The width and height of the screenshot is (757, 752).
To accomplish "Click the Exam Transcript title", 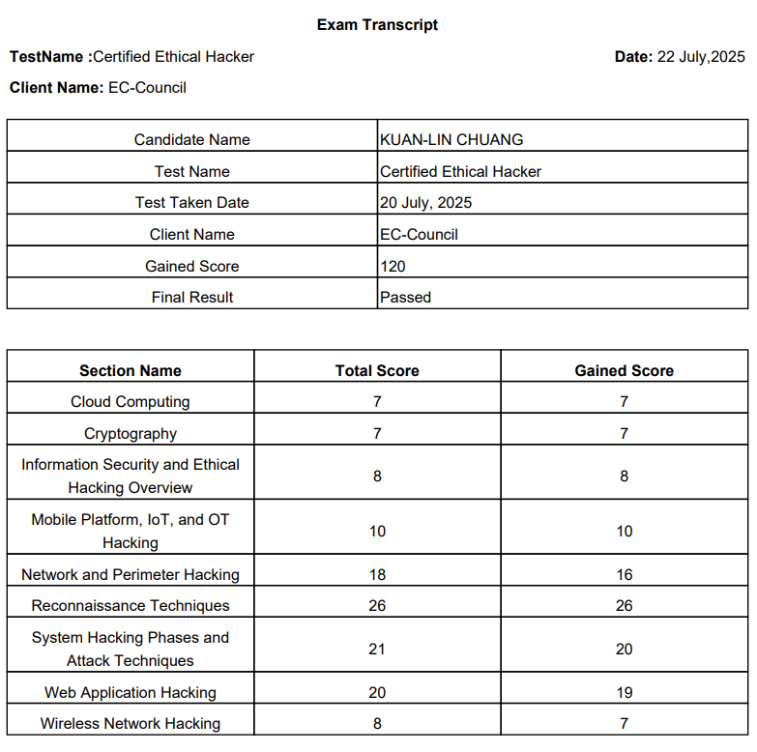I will (377, 25).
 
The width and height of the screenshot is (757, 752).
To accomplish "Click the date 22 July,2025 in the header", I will (701, 57).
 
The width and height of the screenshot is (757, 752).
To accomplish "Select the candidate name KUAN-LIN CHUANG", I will (451, 139).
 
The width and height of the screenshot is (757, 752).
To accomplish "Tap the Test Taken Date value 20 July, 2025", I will (426, 203).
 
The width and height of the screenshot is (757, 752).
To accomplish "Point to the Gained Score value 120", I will (393, 266).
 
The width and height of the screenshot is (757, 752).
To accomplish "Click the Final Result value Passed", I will (405, 298).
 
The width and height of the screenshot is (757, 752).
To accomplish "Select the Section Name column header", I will (131, 370).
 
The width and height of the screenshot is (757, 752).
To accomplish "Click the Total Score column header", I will (377, 370).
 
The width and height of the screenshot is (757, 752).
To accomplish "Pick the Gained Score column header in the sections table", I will (624, 370).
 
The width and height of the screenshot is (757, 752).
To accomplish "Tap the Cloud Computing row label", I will (131, 402).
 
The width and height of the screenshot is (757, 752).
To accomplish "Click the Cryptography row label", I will (131, 434).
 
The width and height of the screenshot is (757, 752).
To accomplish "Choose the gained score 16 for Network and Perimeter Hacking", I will (624, 575).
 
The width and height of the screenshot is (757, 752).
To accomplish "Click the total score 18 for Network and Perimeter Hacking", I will (377, 575).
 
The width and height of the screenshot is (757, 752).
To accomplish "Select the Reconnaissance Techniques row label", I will (131, 606).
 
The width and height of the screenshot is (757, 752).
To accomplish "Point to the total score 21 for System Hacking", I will (377, 650).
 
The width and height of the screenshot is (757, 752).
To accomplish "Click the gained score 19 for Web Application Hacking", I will (624, 693).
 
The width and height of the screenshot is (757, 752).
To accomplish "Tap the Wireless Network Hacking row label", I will (131, 724).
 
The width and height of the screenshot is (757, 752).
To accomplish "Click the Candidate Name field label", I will (191, 139).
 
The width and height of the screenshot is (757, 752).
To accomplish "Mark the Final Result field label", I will (191, 298).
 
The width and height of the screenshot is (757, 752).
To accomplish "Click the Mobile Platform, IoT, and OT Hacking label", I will (131, 531).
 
